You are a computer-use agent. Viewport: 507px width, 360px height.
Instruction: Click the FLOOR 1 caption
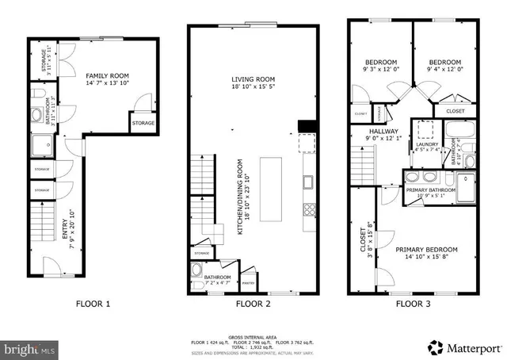pos(93,303)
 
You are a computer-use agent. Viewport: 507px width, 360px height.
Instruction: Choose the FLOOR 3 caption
pos(414,303)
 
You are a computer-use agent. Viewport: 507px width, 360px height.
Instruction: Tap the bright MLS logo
pos(29,348)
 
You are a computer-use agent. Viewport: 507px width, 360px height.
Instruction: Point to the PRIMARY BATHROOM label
pos(430,190)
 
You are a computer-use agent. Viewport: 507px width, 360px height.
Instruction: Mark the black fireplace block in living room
pos(304,126)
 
